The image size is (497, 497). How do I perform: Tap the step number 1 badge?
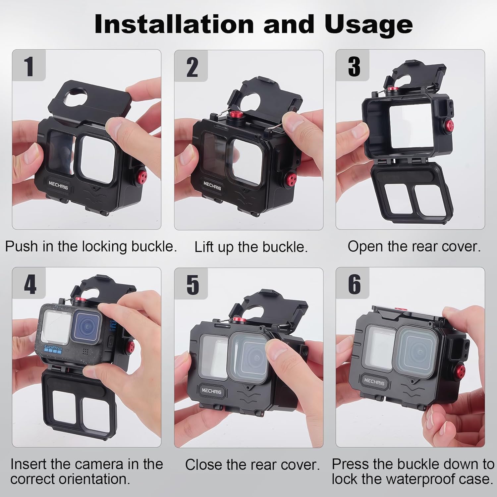29,66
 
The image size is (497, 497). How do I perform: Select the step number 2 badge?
192,67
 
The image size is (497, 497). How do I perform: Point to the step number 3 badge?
354,66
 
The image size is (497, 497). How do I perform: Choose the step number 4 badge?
29,284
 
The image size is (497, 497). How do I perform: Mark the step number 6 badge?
354,284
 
